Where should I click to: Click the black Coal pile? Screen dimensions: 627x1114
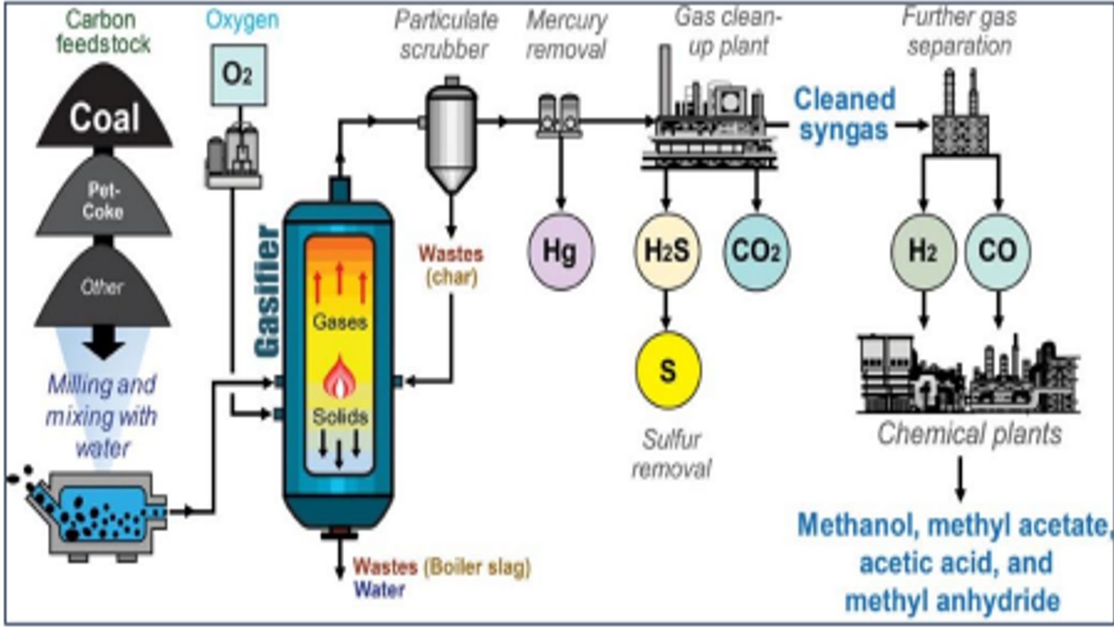[104, 116]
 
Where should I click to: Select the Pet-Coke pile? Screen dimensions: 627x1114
[103, 200]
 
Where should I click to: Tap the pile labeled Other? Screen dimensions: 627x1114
[102, 287]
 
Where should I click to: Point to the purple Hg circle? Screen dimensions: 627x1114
[560, 251]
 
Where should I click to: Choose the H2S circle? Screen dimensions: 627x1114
[667, 251]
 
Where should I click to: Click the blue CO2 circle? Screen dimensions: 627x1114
[756, 251]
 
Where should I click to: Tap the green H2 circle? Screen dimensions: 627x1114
[923, 251]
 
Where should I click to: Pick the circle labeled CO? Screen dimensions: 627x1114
[997, 251]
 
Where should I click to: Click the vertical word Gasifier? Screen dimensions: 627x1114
[267, 290]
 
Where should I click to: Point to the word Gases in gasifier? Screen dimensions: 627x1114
[339, 322]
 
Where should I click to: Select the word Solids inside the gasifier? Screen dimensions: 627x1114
[340, 417]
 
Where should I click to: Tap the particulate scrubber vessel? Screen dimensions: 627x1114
[451, 134]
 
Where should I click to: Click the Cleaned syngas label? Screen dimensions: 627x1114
[844, 114]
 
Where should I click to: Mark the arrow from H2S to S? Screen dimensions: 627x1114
[666, 311]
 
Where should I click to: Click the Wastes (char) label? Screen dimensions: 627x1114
[451, 265]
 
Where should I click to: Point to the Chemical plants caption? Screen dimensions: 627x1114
[969, 434]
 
